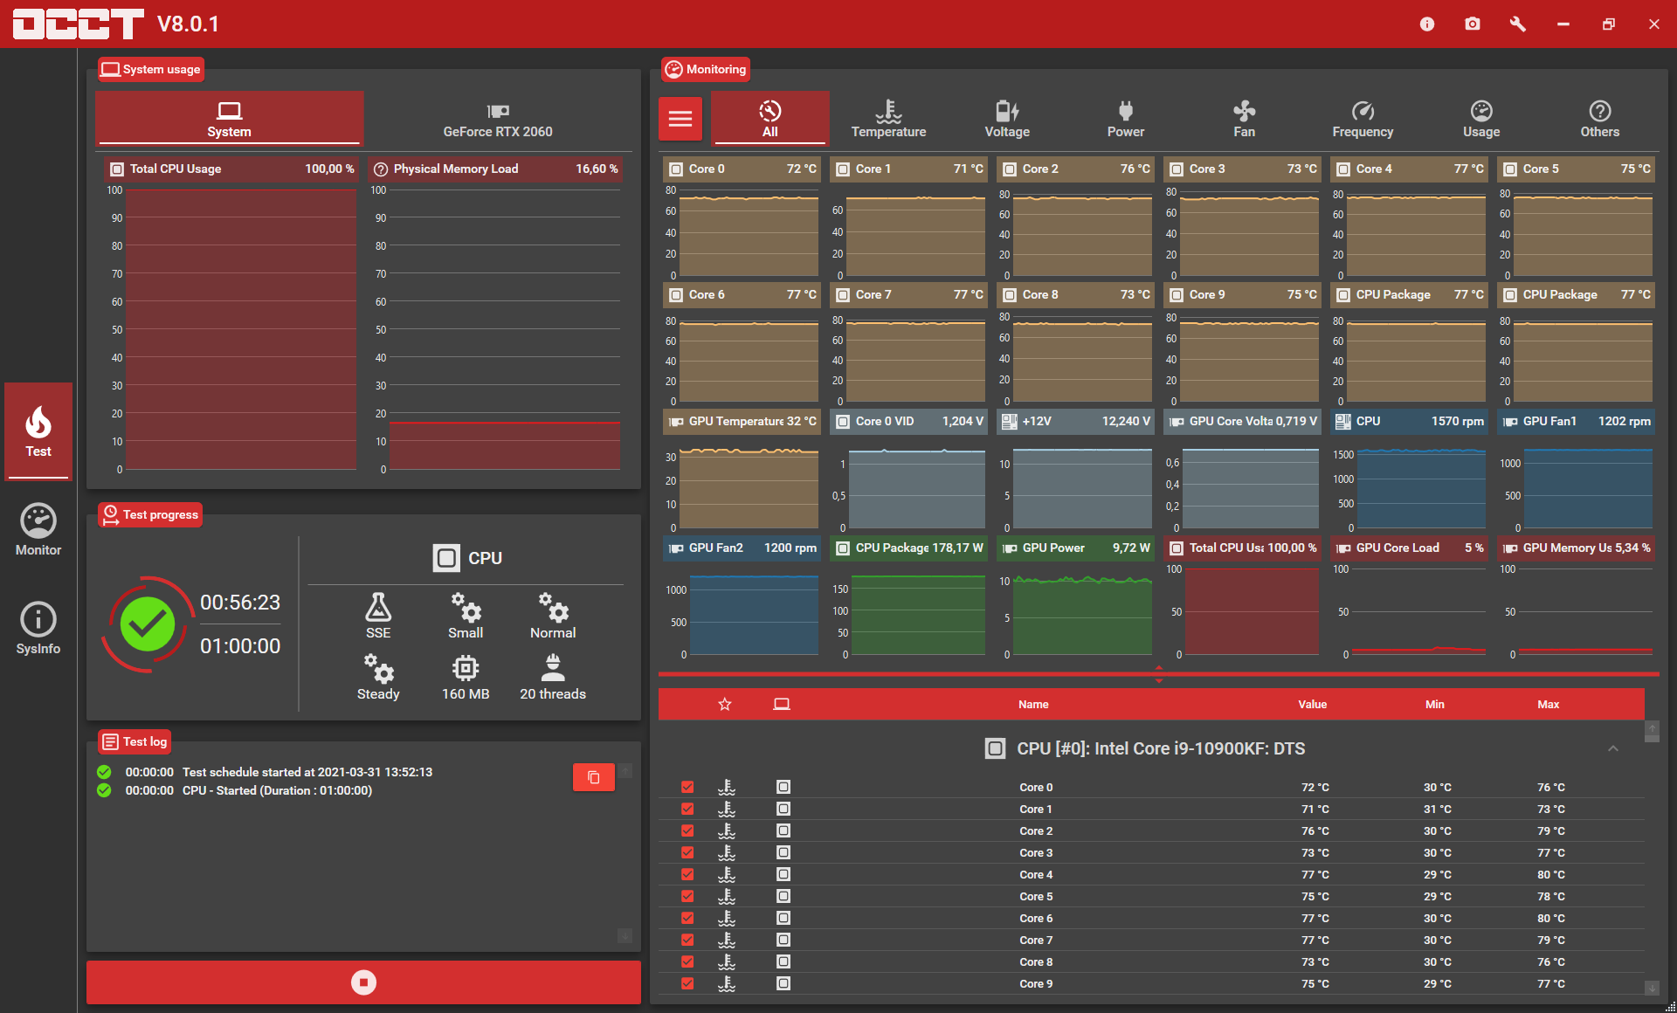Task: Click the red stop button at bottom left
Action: (x=363, y=982)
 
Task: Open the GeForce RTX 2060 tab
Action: (x=498, y=120)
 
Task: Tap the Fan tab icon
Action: (x=1244, y=111)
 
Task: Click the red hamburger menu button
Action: (x=680, y=119)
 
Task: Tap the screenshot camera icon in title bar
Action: (x=1473, y=24)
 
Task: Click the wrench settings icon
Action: (x=1518, y=24)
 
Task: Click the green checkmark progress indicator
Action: (x=148, y=624)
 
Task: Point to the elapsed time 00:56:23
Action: (x=240, y=603)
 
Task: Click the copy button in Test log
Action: (x=594, y=777)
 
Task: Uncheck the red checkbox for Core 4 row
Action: (x=687, y=874)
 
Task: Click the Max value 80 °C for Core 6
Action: (x=1551, y=919)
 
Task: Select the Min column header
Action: (x=1435, y=705)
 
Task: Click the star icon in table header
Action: (x=725, y=705)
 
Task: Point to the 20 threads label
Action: (x=553, y=694)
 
